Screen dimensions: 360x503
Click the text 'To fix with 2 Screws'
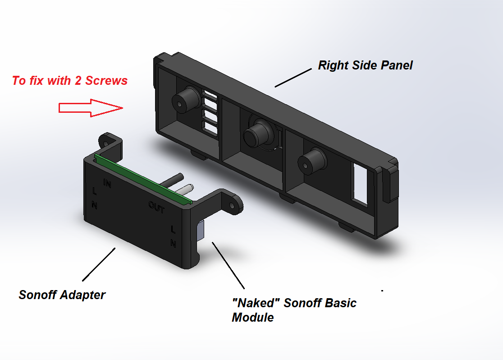(70, 81)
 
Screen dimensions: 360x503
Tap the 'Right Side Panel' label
(365, 65)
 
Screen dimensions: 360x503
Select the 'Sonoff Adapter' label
(62, 295)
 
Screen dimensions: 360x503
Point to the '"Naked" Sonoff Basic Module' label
(294, 310)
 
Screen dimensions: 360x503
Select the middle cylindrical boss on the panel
(257, 134)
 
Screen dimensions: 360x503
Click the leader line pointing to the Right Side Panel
(293, 77)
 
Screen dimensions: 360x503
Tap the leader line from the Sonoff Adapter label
(99, 263)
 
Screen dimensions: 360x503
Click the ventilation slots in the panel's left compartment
(210, 113)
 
